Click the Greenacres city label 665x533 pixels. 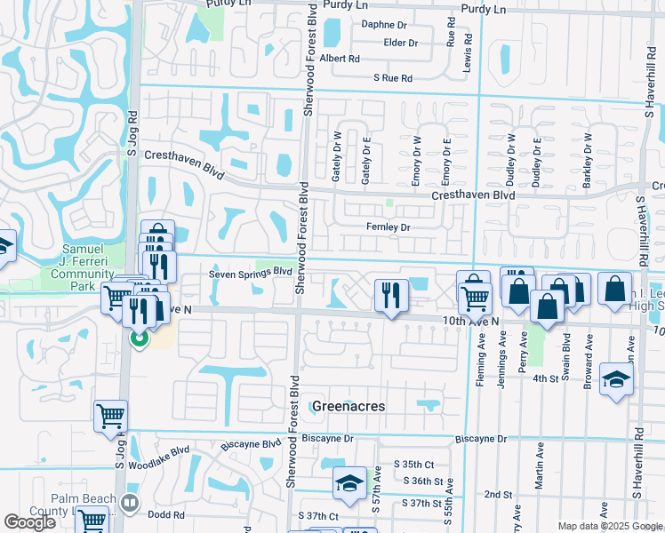(349, 406)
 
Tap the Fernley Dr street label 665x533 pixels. (388, 227)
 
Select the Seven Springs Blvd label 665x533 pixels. (251, 274)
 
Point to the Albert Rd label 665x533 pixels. (340, 59)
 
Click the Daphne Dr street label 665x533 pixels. (384, 24)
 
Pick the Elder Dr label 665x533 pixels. (400, 42)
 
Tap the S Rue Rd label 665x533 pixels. (393, 78)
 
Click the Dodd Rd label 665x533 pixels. (166, 514)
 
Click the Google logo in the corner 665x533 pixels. (29, 522)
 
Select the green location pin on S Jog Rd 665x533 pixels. (138, 338)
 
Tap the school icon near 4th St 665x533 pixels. (617, 379)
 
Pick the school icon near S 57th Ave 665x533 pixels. (349, 482)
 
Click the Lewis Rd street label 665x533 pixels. (466, 53)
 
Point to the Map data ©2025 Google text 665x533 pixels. (609, 526)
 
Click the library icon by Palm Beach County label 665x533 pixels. (131, 503)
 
